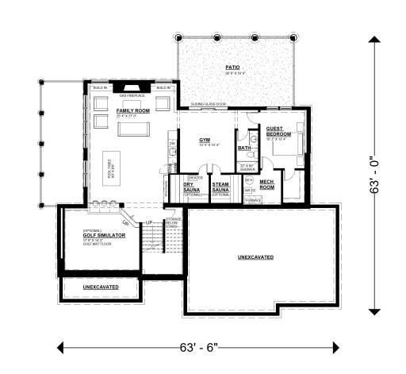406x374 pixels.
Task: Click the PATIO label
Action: click(233, 67)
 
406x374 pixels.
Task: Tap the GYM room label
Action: click(205, 140)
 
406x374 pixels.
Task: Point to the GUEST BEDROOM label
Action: click(278, 132)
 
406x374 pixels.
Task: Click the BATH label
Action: click(244, 148)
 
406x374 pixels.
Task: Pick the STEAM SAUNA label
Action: click(220, 187)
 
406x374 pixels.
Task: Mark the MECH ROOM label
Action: click(267, 184)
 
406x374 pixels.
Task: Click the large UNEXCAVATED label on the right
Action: click(255, 258)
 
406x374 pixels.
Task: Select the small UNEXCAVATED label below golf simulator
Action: click(101, 286)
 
